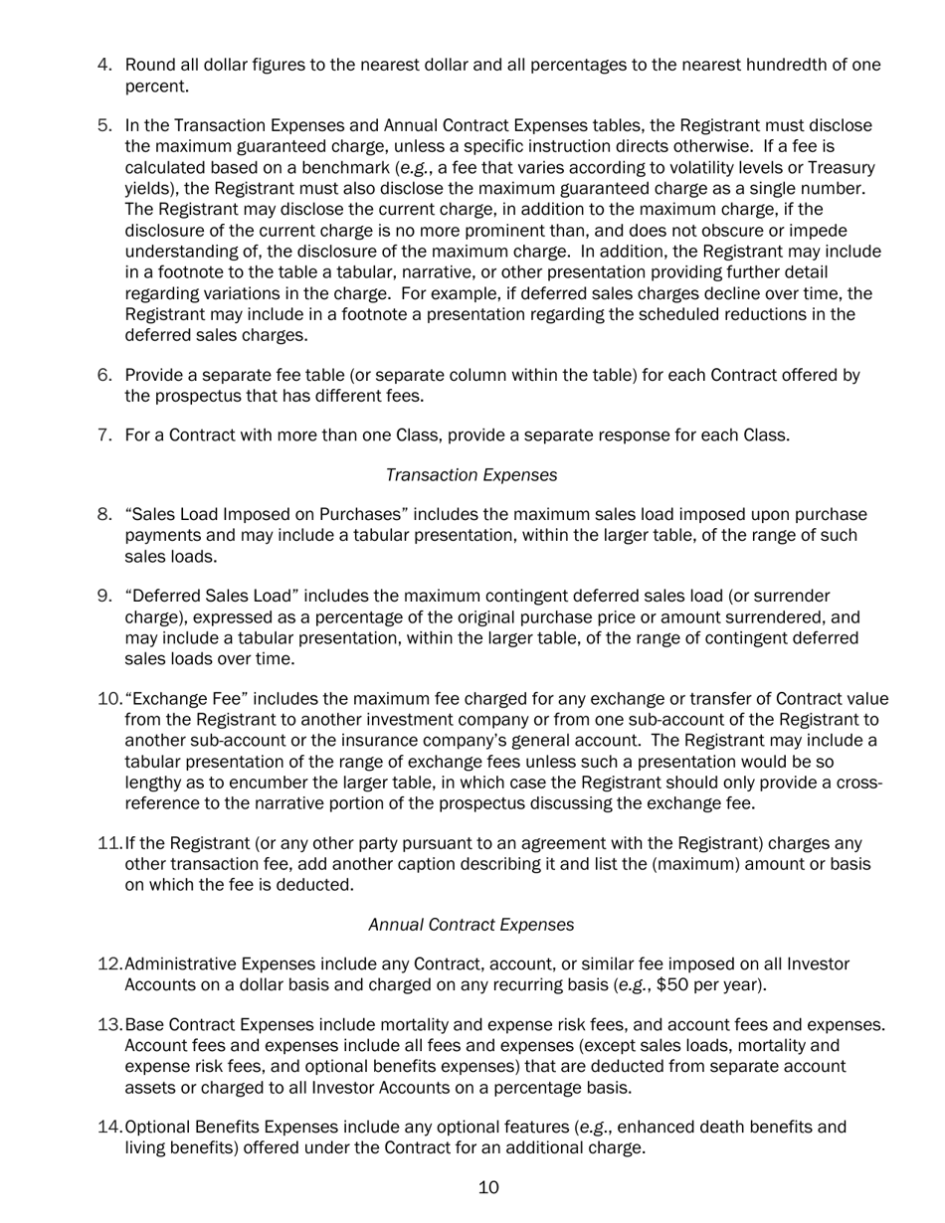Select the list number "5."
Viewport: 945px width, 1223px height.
click(x=104, y=125)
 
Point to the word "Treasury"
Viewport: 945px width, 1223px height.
click(x=839, y=167)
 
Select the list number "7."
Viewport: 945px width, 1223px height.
click(x=104, y=435)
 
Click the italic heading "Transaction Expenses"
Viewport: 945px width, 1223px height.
click(x=471, y=475)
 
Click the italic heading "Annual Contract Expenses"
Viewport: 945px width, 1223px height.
click(x=471, y=925)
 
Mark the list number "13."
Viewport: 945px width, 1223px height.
click(x=109, y=1025)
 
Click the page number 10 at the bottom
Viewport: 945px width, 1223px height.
click(x=488, y=1188)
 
